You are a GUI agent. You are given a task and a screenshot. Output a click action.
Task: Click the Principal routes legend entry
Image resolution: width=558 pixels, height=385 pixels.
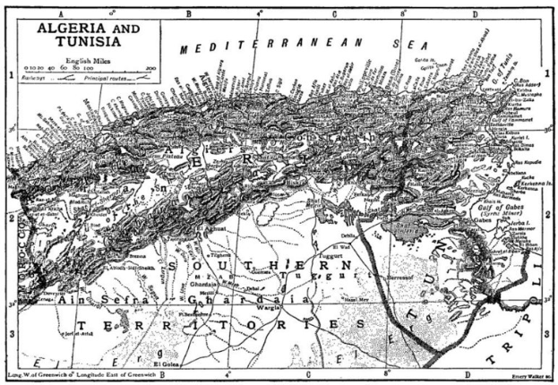[x=108, y=79]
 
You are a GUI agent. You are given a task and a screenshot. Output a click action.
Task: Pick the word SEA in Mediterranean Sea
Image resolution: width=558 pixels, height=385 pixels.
[x=404, y=44]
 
